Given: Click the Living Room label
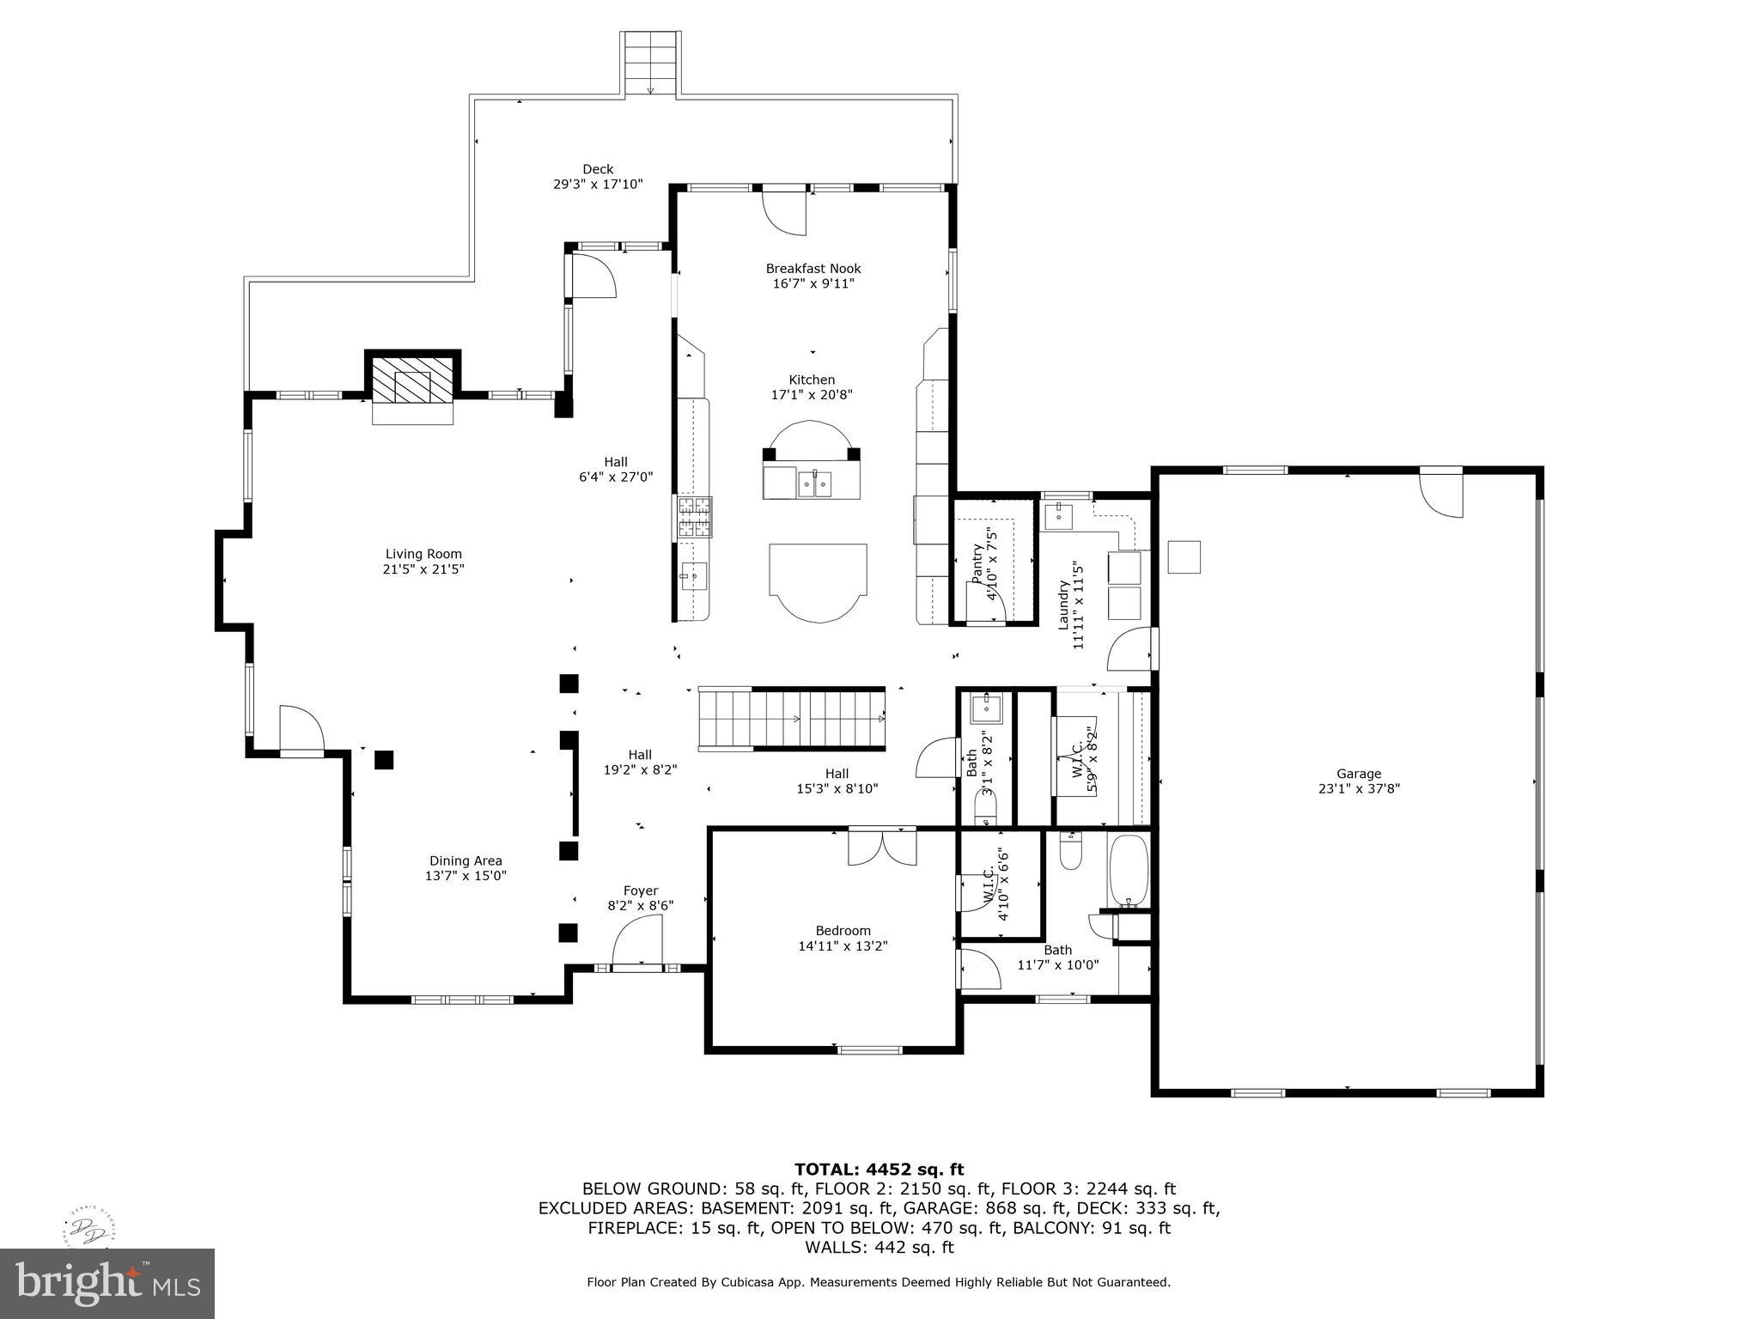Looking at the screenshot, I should pyautogui.click(x=423, y=554).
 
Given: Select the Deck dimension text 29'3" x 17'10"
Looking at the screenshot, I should pyautogui.click(x=598, y=184).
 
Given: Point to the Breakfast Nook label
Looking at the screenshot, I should pyautogui.click(x=813, y=269).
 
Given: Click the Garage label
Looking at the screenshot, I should pyautogui.click(x=1359, y=774).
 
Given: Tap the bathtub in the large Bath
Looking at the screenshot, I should pyautogui.click(x=1128, y=871).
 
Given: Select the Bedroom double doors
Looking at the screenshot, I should pyautogui.click(x=882, y=847).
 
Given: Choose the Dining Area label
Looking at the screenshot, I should pyautogui.click(x=466, y=860).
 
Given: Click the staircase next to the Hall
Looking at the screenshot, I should pyautogui.click(x=791, y=719).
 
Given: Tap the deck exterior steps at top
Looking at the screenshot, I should pyautogui.click(x=650, y=64).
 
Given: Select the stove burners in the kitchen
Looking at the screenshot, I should pyautogui.click(x=694, y=517).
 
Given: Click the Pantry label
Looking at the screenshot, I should pyautogui.click(x=977, y=563).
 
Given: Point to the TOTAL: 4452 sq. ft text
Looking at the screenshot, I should pyautogui.click(x=879, y=1170).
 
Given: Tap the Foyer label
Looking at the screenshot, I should pyautogui.click(x=640, y=891).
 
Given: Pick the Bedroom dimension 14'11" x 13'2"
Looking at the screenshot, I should pyautogui.click(x=843, y=945).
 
